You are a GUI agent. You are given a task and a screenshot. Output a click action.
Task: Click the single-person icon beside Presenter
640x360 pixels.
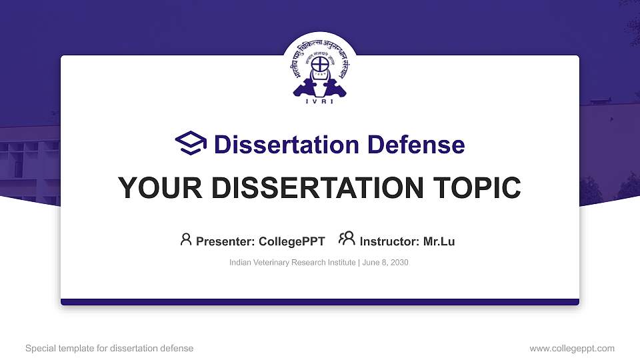coord(186,239)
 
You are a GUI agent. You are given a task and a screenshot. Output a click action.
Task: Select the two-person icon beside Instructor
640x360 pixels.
coord(347,239)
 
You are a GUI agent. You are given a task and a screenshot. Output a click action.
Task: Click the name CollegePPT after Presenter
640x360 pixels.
coord(292,241)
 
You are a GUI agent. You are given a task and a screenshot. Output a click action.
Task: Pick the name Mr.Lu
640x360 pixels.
coord(439,241)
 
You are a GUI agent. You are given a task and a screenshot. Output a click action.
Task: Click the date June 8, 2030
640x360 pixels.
coord(385,263)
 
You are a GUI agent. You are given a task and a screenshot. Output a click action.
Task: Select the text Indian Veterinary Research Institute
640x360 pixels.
coord(292,263)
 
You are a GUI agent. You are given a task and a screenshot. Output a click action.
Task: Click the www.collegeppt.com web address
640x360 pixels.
coord(572,348)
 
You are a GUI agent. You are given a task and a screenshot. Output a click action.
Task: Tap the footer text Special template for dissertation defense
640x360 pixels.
coord(109,348)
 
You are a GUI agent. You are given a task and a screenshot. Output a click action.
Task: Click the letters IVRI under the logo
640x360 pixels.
coord(320,101)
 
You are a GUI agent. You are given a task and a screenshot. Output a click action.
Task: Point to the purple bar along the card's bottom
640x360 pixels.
coord(320,302)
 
